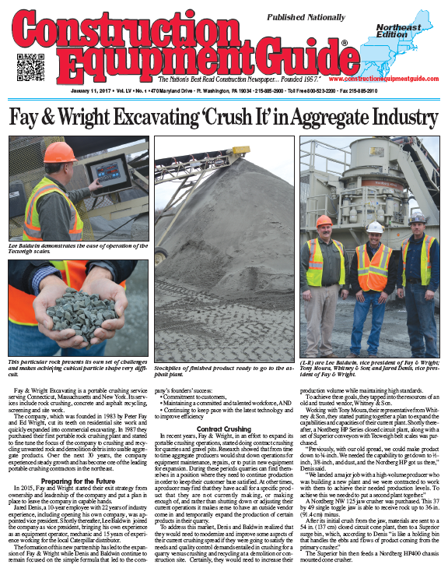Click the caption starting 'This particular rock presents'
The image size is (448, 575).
[78, 366]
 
